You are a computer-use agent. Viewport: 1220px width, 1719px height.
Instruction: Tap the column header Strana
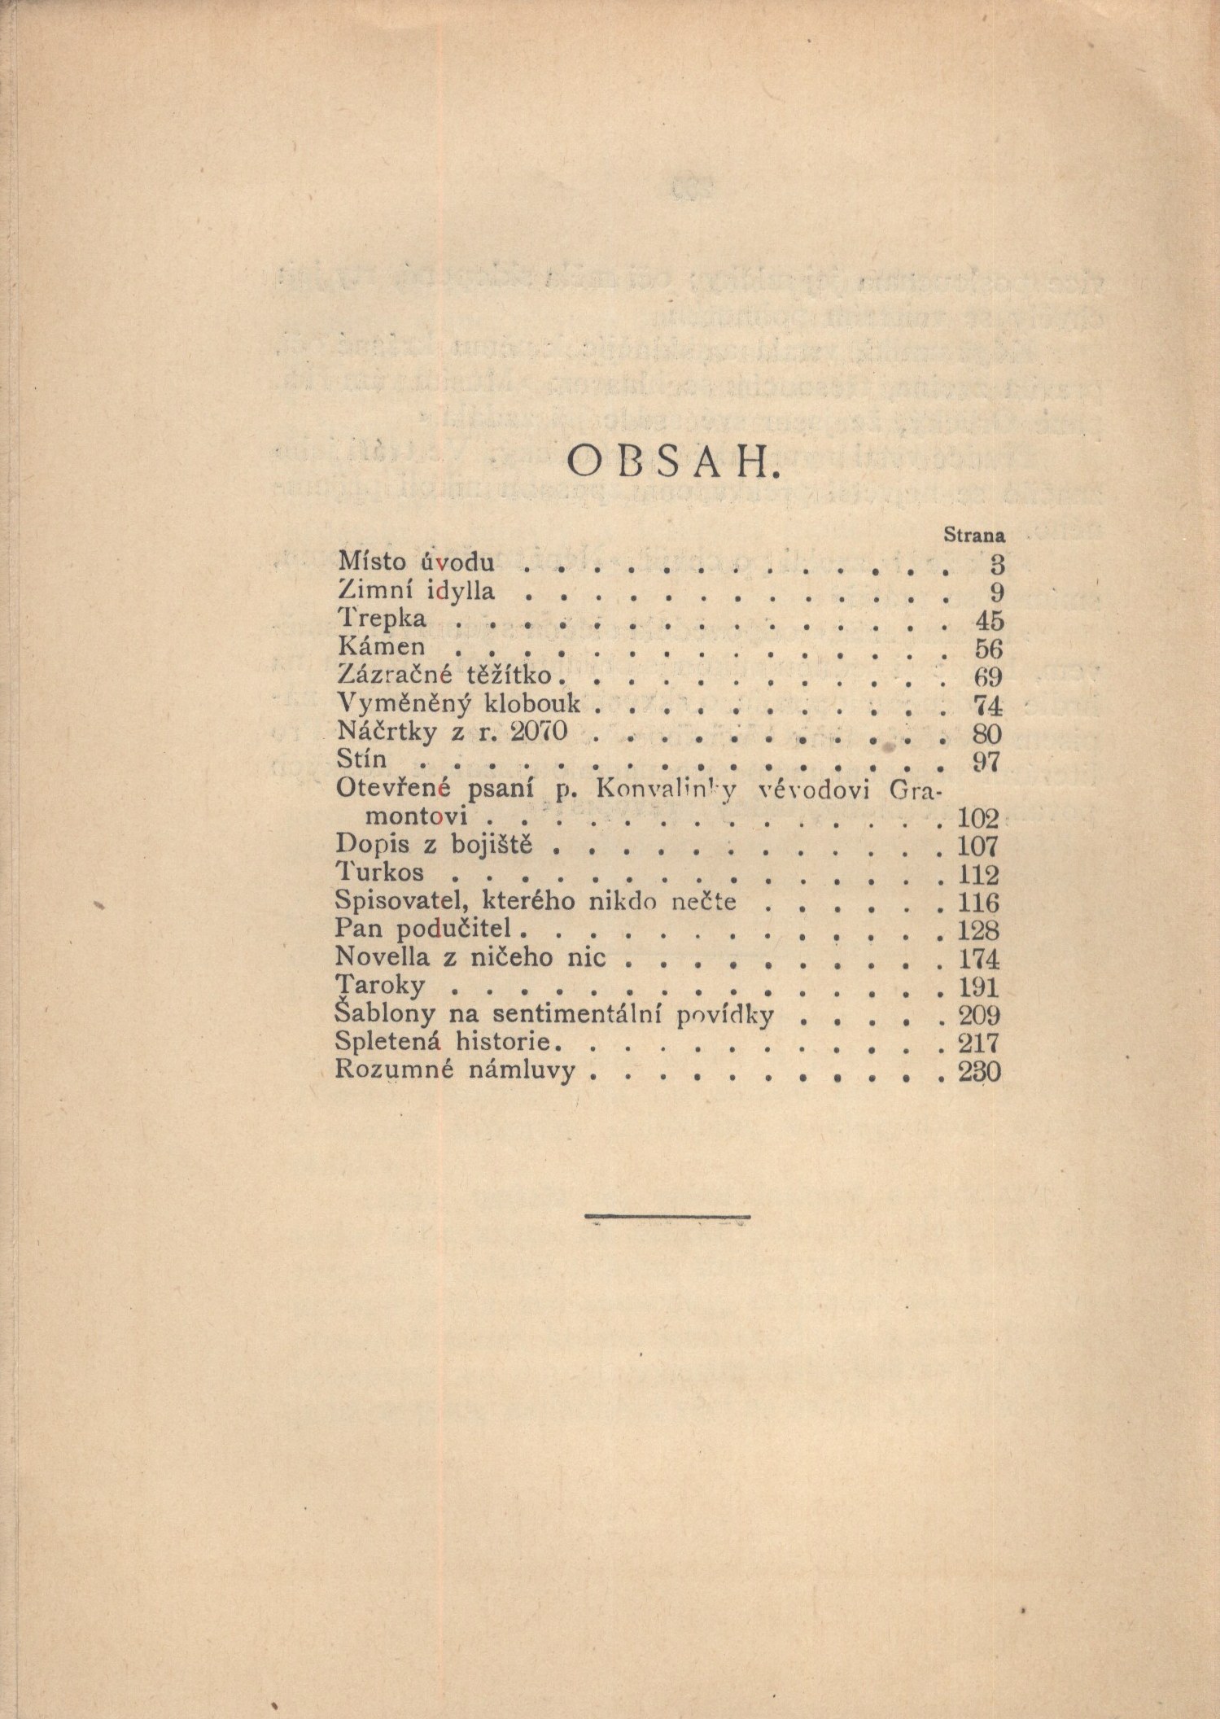974,536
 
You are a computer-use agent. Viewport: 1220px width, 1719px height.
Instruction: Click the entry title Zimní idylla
415,591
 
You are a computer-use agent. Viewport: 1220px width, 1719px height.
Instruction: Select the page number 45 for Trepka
989,620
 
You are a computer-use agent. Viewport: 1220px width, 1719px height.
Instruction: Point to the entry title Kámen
380,648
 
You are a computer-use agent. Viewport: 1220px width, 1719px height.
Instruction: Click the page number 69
988,677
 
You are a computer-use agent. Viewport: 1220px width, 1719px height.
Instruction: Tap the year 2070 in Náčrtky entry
536,733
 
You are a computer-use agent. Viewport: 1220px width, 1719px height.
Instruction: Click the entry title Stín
361,759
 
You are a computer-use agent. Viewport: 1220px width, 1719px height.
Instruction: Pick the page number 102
979,816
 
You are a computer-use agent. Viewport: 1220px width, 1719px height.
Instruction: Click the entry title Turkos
380,873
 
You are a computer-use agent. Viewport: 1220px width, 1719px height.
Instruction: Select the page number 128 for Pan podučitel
979,929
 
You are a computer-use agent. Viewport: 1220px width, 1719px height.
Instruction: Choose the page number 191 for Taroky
979,987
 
